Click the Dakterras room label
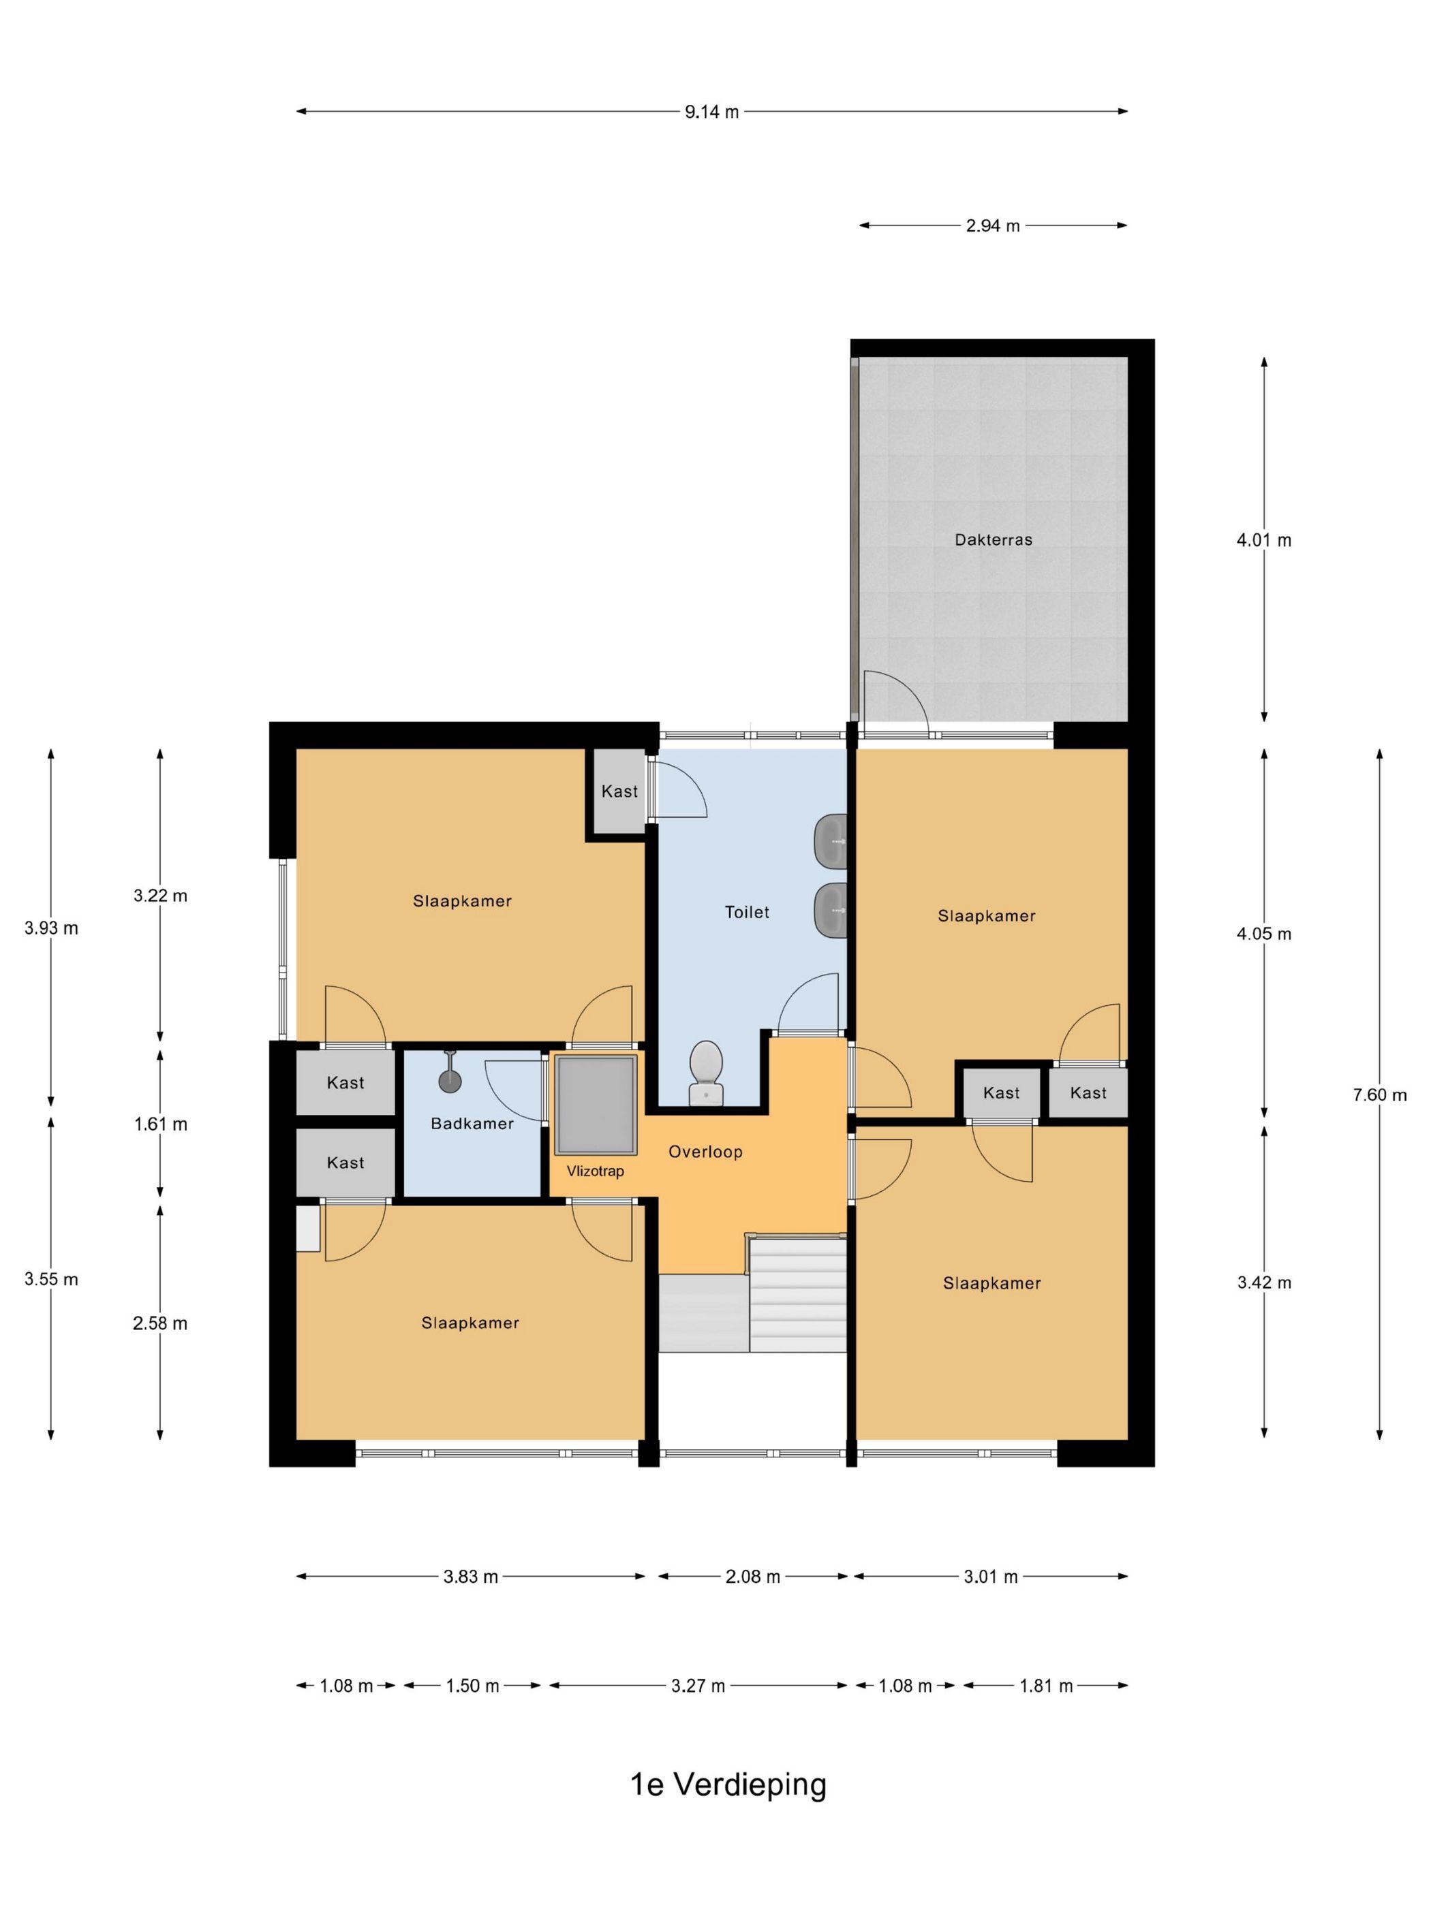[x=993, y=539]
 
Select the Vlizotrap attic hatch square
[x=596, y=1105]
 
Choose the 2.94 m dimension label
[x=993, y=226]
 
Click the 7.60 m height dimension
[x=1379, y=1095]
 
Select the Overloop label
[x=705, y=1152]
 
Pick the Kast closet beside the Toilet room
[x=619, y=791]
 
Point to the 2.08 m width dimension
[x=753, y=1577]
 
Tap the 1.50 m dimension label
[x=473, y=1686]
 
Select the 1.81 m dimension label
[x=1046, y=1686]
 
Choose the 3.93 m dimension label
[x=51, y=928]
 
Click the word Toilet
[x=747, y=912]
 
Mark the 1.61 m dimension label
[x=160, y=1123]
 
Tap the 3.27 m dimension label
[x=698, y=1686]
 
